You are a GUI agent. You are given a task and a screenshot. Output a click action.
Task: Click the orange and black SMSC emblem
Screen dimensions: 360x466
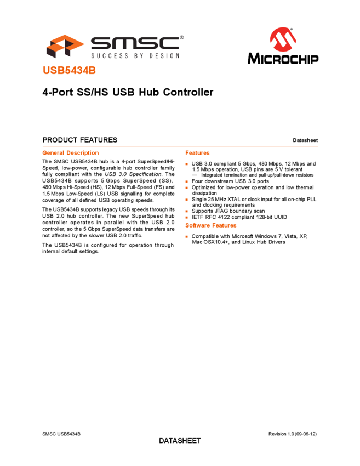click(x=65, y=46)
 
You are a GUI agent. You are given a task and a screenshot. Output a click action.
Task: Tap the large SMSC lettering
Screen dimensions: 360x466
click(x=134, y=43)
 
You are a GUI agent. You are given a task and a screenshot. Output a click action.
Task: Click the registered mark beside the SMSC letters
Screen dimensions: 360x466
click(x=181, y=38)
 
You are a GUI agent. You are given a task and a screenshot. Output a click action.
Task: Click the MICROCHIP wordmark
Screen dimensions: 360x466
click(x=283, y=58)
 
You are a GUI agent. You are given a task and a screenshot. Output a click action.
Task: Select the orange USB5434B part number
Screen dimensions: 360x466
click(x=70, y=71)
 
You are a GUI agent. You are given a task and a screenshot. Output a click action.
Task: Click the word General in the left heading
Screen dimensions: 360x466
click(x=53, y=153)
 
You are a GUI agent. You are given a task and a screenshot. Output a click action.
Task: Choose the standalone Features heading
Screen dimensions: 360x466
click(x=197, y=153)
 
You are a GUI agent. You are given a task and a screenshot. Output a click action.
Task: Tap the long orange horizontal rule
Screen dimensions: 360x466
click(x=180, y=146)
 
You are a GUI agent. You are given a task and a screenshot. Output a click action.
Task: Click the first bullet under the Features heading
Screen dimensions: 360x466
click(x=186, y=164)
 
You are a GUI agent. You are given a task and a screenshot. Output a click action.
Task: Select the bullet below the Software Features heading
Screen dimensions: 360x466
click(x=186, y=236)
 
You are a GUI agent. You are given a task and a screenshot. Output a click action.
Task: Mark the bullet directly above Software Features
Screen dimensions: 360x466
click(x=186, y=217)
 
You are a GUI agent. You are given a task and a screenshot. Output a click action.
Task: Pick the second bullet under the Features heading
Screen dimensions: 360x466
click(x=186, y=181)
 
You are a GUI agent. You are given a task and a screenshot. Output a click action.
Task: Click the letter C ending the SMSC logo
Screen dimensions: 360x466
click(x=170, y=43)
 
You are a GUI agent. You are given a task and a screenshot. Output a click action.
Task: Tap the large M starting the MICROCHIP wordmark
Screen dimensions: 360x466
click(x=254, y=58)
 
